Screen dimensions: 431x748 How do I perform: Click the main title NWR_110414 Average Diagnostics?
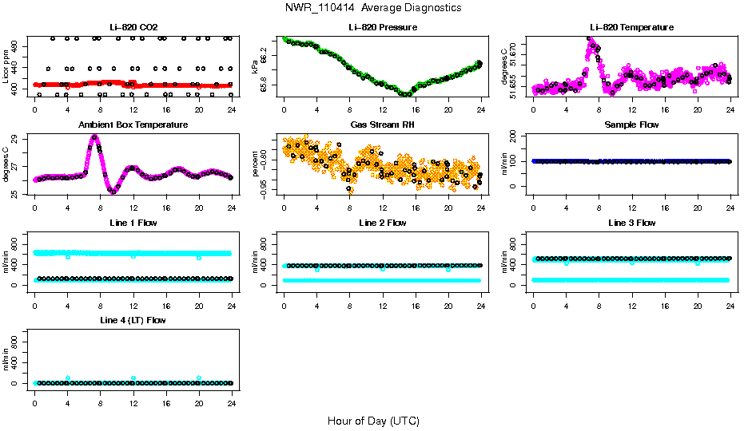[373, 8]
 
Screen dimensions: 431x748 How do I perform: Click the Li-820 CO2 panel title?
[133, 27]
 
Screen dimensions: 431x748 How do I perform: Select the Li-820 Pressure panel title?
[383, 27]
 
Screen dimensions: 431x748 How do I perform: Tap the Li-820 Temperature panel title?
[631, 27]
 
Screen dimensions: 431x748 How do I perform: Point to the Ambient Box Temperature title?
[133, 125]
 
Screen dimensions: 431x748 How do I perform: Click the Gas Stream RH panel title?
[383, 125]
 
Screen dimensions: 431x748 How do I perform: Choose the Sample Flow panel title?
[632, 125]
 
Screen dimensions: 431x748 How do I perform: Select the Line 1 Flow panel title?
[133, 223]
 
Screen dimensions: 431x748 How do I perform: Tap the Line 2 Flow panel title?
[383, 223]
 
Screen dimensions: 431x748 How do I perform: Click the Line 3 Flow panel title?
[632, 223]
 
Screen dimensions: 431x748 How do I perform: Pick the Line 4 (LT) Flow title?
[133, 320]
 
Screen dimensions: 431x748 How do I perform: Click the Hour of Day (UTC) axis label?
[373, 421]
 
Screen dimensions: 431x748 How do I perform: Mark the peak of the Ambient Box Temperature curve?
[94, 136]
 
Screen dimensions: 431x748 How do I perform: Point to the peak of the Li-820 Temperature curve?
[591, 38]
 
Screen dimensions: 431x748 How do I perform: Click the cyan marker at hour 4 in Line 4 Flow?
[68, 378]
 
